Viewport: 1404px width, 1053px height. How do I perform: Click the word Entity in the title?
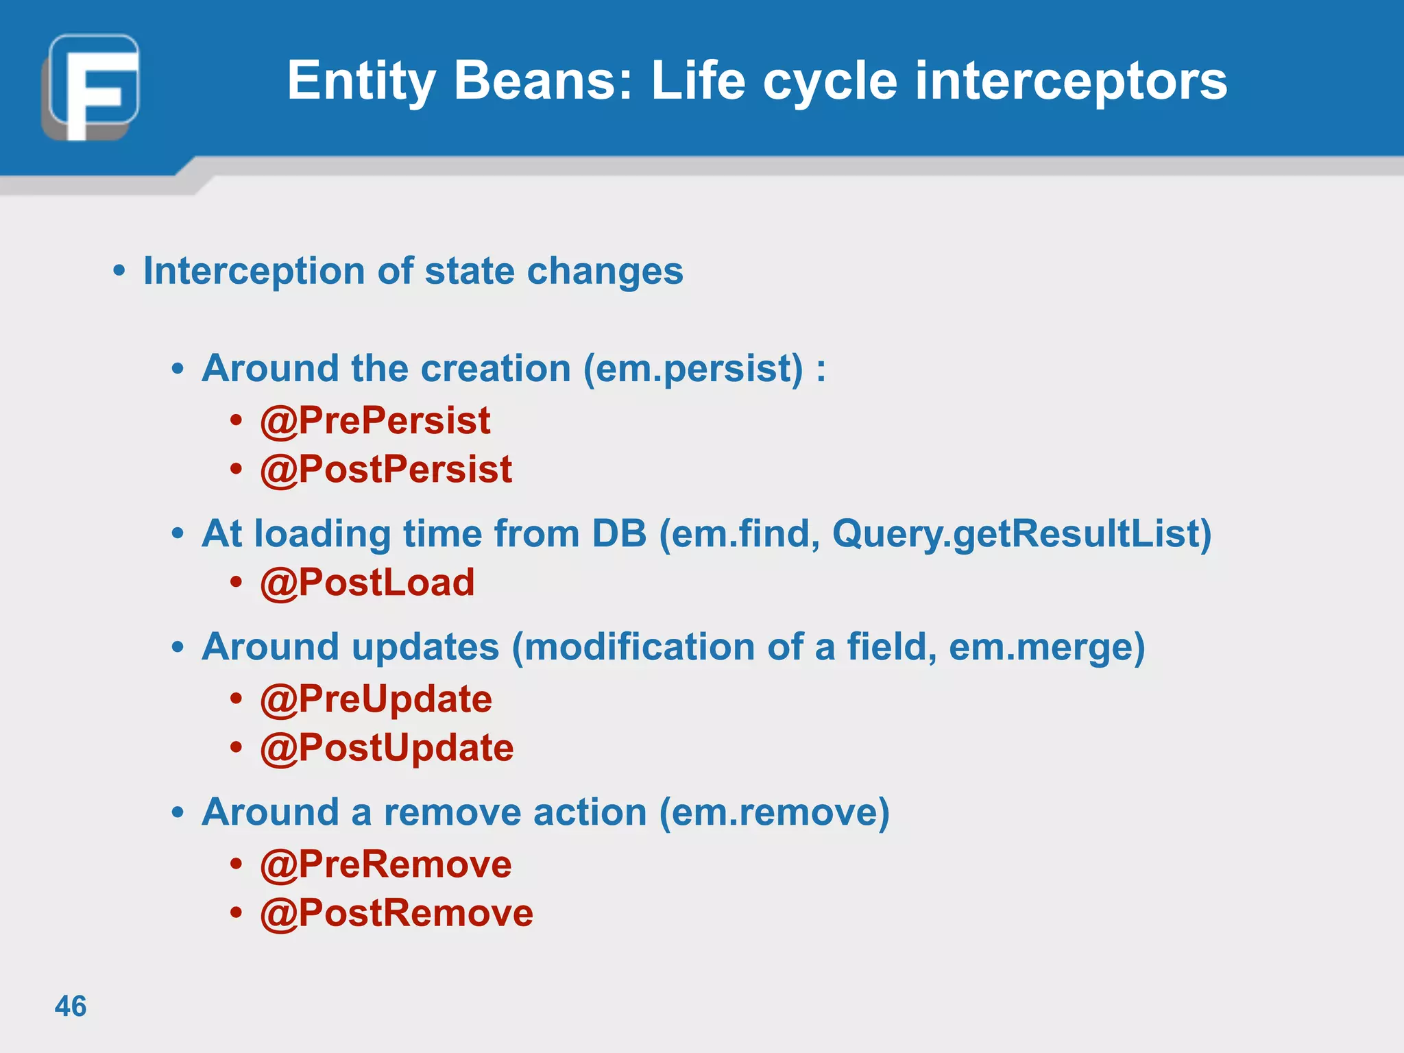[x=361, y=81]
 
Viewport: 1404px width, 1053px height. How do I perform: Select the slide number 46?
[x=71, y=1006]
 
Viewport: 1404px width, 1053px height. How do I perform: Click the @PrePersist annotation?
[x=375, y=420]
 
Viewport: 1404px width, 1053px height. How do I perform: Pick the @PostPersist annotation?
[x=386, y=470]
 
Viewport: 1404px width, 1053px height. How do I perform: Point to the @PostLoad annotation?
[x=367, y=583]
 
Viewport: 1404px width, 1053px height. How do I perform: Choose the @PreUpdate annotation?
[x=376, y=699]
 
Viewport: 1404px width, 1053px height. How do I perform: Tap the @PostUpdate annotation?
[x=387, y=748]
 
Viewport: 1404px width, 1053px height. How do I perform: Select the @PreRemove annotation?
[x=386, y=864]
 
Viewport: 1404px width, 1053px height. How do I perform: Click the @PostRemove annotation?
[x=396, y=913]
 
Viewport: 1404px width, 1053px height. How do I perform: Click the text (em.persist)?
[x=692, y=369]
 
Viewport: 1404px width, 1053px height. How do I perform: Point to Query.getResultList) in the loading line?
[x=1021, y=533]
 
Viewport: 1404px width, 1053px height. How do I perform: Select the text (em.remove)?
[x=774, y=812]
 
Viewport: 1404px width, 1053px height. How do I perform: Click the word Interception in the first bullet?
[x=254, y=271]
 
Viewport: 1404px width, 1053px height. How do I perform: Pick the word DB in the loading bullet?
[x=619, y=533]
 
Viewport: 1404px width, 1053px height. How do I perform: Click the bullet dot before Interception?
[x=119, y=271]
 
